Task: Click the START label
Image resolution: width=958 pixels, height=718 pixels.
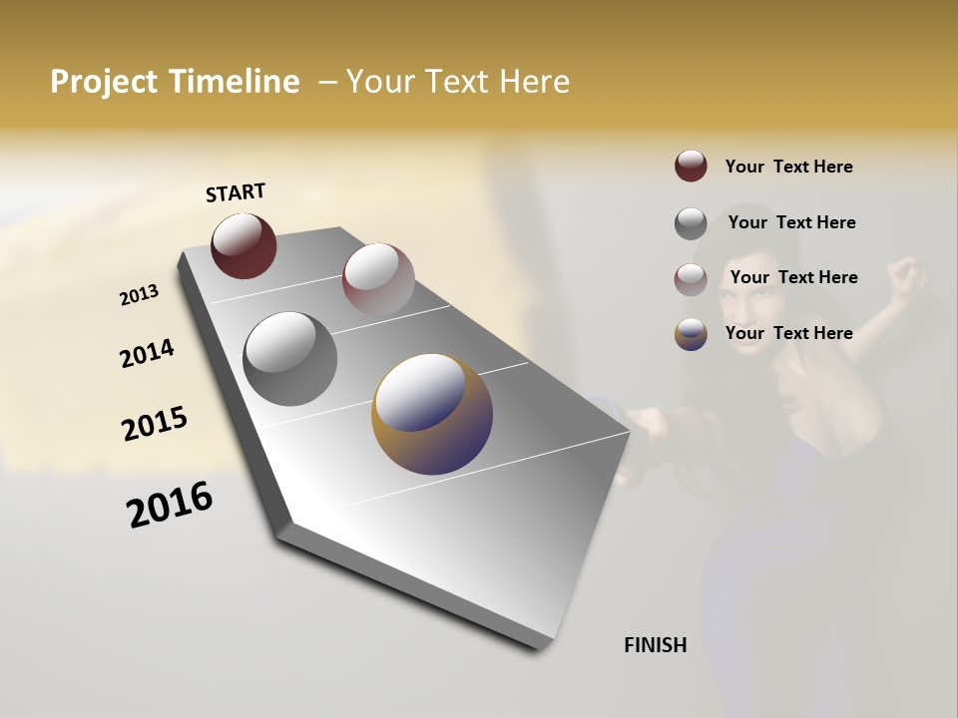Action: (236, 192)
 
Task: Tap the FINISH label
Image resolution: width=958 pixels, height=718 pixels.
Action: (655, 645)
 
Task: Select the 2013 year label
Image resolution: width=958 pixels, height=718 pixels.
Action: (139, 295)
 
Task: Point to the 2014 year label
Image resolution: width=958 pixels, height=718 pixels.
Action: (147, 354)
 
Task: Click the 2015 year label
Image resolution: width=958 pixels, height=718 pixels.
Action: (155, 424)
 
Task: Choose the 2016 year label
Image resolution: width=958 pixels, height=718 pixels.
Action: (170, 505)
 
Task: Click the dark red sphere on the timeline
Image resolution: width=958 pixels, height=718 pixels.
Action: (243, 245)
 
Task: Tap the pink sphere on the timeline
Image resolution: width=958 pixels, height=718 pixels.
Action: (378, 276)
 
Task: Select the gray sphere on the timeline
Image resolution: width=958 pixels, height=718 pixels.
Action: (289, 358)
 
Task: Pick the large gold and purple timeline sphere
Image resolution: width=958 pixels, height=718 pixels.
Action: (432, 414)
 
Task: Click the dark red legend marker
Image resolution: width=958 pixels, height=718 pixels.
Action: (691, 167)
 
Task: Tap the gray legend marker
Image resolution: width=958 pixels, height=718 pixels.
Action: (691, 223)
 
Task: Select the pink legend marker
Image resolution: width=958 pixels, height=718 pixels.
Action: (691, 279)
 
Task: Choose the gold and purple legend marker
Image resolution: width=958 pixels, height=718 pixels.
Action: (691, 334)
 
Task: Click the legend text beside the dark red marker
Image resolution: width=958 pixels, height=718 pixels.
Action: (788, 167)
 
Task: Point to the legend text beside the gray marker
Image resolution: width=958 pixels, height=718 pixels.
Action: (791, 222)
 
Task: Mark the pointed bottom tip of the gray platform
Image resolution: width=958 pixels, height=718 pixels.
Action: (545, 649)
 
